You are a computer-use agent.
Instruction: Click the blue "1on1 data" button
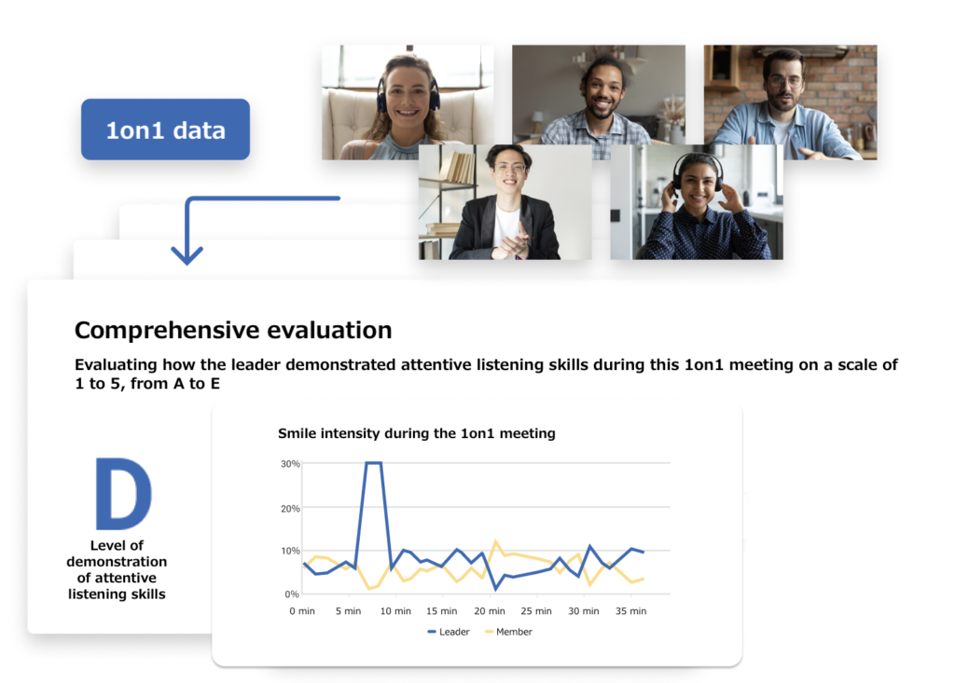point(165,130)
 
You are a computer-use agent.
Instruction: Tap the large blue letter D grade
point(123,493)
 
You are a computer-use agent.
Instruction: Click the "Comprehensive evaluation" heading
point(233,330)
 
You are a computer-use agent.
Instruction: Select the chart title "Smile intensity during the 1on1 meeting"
point(417,433)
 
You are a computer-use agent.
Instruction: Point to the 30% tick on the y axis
point(290,464)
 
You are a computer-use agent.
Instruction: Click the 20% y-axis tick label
point(290,509)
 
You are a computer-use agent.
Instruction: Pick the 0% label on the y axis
point(292,594)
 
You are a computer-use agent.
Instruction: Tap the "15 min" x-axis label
point(441,610)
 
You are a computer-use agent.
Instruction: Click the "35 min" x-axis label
point(630,610)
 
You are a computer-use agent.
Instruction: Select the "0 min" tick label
point(302,610)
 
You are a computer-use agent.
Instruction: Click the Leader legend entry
point(449,632)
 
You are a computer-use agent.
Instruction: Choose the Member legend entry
point(508,632)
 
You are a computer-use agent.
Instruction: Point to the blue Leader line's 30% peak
point(373,463)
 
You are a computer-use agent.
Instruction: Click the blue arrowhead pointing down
point(187,255)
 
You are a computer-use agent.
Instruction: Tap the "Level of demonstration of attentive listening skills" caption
point(117,569)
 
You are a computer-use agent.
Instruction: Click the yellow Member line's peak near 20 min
point(495,540)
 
